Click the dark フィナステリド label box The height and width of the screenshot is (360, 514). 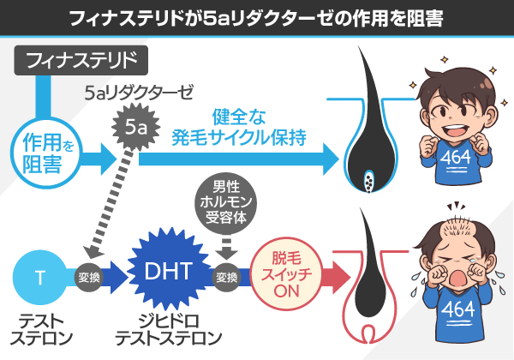(81, 60)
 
